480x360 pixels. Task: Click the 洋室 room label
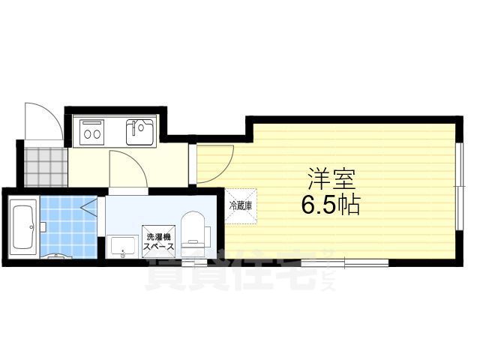tap(331, 181)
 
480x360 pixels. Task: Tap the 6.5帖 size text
tap(331, 205)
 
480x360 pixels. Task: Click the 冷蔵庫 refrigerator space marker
tap(241, 205)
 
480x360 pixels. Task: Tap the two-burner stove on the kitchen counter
tap(93, 133)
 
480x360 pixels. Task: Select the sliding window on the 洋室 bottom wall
tap(345, 262)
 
